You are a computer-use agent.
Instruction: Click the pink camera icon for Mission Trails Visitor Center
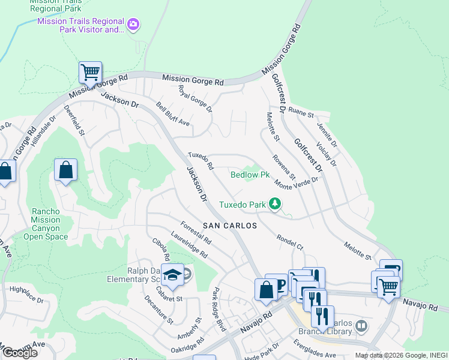click(x=133, y=25)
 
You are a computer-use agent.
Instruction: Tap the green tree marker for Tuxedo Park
click(x=275, y=205)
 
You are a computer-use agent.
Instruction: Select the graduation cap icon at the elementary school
click(x=173, y=274)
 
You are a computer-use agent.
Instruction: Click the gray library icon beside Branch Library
click(x=361, y=326)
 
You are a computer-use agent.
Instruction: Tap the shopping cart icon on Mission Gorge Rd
click(x=91, y=73)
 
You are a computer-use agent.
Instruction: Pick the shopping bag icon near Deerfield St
click(x=65, y=170)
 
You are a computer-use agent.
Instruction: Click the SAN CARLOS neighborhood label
click(x=229, y=226)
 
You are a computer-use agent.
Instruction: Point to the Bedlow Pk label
click(x=250, y=175)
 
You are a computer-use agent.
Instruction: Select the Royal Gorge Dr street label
click(x=196, y=98)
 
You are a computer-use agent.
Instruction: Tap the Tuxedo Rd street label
click(x=201, y=161)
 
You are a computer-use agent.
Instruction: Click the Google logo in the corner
click(x=20, y=353)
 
